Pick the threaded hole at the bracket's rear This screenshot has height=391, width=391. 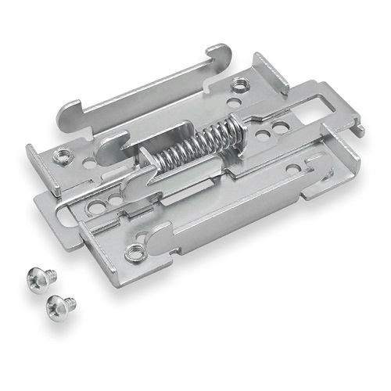tap(238, 85)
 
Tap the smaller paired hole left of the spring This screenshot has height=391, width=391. tap(117, 201)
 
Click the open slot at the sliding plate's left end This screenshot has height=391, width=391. tap(66, 205)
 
